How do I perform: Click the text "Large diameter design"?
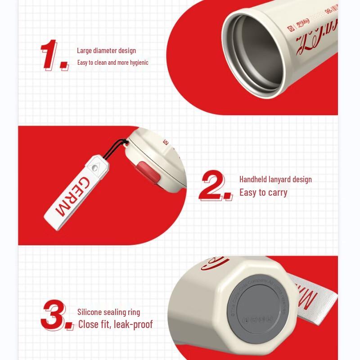click(106, 51)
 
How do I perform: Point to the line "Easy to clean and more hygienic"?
click(112, 63)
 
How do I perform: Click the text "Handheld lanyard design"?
click(275, 180)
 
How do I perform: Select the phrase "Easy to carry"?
click(263, 193)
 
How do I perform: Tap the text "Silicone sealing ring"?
click(108, 312)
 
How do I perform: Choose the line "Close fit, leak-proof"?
click(116, 324)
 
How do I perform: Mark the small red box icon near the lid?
click(166, 143)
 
